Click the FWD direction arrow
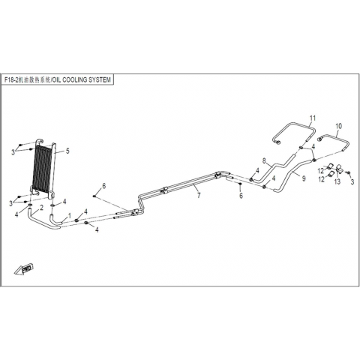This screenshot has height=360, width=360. (x=24, y=269)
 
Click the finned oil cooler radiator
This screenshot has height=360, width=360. (x=43, y=170)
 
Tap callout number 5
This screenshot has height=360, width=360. (x=67, y=151)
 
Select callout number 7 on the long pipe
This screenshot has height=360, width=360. (x=199, y=195)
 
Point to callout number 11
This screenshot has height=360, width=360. (x=313, y=118)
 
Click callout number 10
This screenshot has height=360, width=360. (x=338, y=126)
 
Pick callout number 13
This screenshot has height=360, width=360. (x=337, y=181)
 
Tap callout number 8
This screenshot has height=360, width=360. (x=264, y=160)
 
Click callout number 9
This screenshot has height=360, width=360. (x=304, y=178)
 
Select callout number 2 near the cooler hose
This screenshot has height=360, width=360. (x=41, y=207)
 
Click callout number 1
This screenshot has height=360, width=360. (x=70, y=215)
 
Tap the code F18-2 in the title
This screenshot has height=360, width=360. (x=11, y=80)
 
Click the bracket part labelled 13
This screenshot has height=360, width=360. (x=340, y=169)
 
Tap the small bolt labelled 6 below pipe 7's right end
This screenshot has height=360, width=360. (x=240, y=184)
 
